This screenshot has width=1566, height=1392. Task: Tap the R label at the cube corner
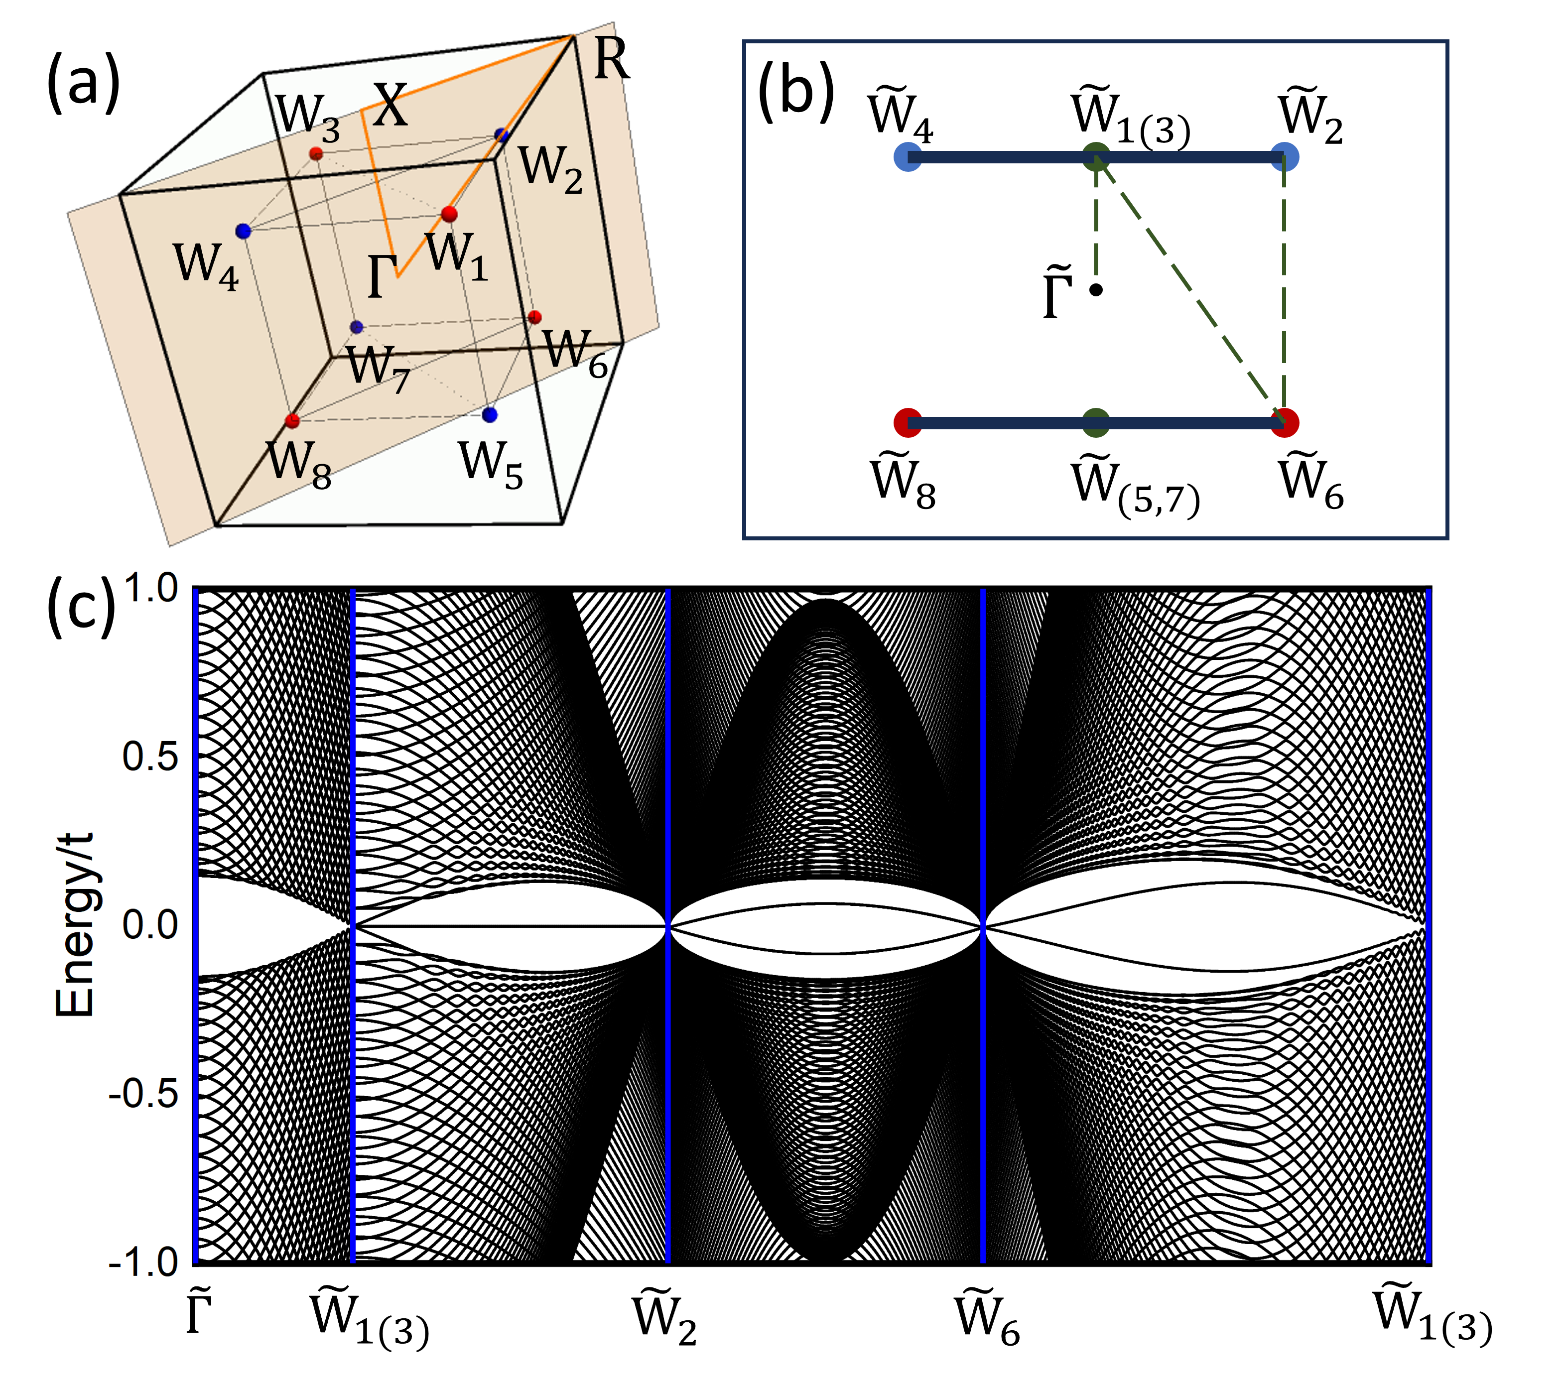[x=611, y=60]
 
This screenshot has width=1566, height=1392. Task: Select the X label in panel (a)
[x=391, y=106]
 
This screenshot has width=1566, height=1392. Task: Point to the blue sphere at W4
[x=244, y=231]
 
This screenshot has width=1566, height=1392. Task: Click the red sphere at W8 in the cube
[x=292, y=420]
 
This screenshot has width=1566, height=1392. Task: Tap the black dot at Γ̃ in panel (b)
[x=1096, y=289]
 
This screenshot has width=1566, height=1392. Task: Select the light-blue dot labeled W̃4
[x=908, y=157]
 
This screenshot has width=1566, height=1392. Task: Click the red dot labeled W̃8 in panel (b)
[x=908, y=422]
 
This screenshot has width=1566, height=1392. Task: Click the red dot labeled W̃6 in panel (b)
[x=1285, y=422]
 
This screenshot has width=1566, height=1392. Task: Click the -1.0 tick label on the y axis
[x=143, y=1263]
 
